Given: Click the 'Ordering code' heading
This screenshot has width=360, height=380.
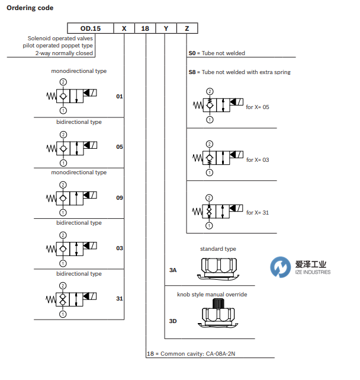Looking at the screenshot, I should click(30, 8).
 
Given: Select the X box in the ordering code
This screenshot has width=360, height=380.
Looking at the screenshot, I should click(124, 28).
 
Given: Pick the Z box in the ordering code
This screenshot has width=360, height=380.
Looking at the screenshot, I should click(187, 28).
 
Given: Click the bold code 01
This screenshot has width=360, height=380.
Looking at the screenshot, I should click(120, 95).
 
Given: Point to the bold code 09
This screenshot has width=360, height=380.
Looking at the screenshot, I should click(120, 197).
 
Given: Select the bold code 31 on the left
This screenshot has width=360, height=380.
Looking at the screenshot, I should click(120, 299).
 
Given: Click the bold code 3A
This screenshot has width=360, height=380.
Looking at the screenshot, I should click(173, 270).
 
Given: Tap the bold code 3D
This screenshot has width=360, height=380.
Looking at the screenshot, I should click(173, 321).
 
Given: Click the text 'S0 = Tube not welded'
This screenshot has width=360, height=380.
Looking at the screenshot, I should click(217, 53).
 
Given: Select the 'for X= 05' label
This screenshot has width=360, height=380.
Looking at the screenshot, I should click(258, 107).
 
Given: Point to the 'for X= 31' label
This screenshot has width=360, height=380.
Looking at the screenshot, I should click(258, 212).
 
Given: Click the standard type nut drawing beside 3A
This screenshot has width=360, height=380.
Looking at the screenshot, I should click(217, 264).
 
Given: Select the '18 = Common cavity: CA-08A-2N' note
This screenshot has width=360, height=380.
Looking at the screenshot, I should click(192, 354).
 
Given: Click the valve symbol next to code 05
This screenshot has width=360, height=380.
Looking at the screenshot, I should click(71, 146).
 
